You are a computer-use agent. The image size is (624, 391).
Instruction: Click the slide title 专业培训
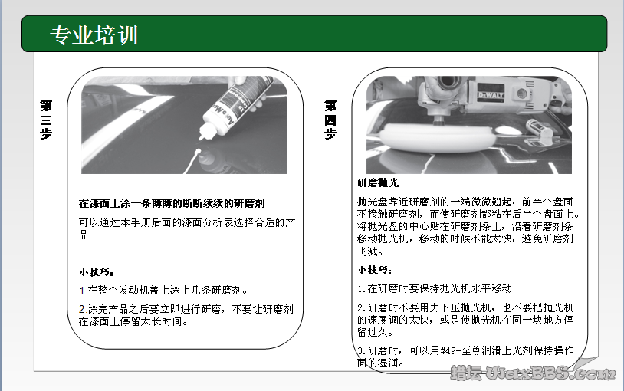click(94, 34)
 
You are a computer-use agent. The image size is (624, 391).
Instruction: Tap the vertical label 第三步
click(45, 118)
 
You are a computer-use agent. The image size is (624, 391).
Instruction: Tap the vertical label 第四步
click(330, 119)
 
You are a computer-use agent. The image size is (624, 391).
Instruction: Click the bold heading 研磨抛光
click(378, 183)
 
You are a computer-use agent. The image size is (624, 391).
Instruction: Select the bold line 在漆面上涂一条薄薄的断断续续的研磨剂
click(172, 204)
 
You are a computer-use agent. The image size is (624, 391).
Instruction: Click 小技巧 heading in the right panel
click(376, 270)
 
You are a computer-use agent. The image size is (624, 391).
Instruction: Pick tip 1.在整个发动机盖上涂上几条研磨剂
click(163, 291)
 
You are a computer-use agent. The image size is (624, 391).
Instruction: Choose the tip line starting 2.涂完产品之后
click(186, 309)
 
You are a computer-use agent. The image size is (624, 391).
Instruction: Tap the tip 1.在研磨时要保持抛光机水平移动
click(435, 288)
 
